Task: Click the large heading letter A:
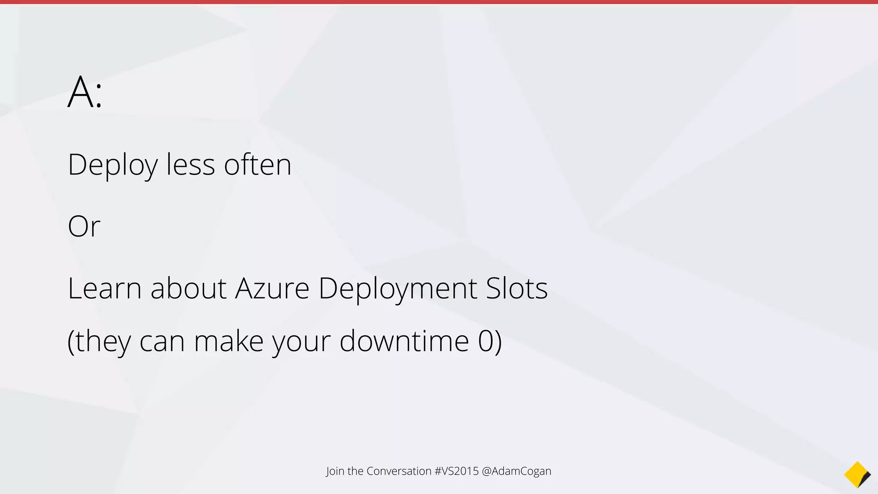85,92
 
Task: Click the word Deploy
113,165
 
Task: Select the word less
190,165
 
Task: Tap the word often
258,165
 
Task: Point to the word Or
84,226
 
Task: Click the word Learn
105,288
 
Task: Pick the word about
188,288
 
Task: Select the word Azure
272,288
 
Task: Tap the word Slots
517,288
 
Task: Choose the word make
229,341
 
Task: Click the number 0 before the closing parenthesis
486,341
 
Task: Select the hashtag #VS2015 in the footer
456,471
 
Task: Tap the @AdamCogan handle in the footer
517,471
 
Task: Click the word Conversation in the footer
399,471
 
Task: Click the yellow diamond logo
857,475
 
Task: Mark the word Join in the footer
335,471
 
